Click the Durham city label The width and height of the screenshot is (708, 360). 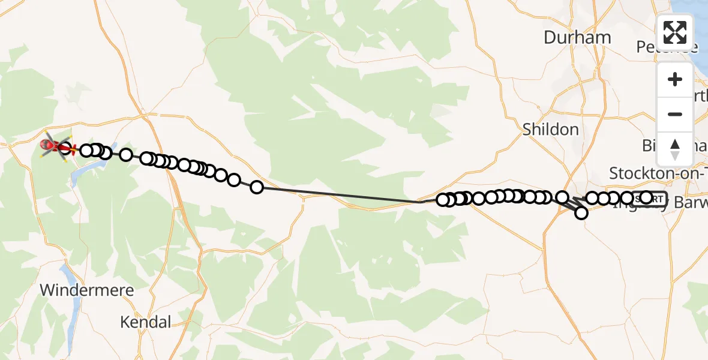point(577,38)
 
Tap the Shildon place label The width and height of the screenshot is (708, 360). point(550,129)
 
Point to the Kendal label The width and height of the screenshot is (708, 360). point(145,322)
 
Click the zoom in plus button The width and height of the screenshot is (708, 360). point(675,80)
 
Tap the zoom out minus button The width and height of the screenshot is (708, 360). point(675,114)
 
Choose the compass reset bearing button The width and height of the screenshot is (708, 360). point(675,149)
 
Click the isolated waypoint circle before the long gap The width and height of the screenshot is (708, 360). point(257,187)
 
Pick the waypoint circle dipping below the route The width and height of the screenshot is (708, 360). point(581,212)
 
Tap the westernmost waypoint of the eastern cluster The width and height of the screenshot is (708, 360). point(443,200)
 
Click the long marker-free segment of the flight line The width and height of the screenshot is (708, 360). point(342,195)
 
